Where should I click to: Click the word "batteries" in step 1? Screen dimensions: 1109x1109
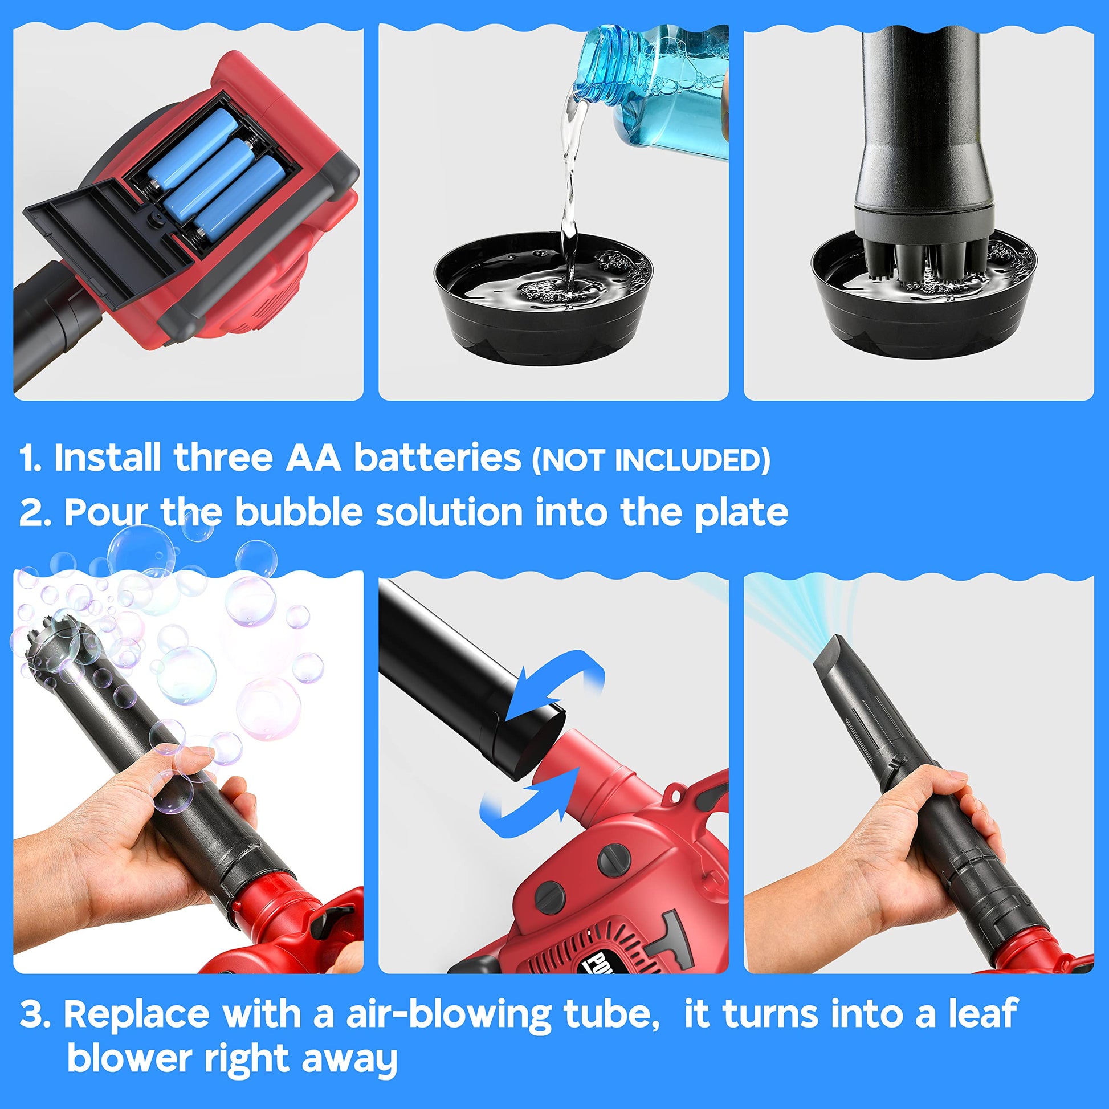[x=437, y=458]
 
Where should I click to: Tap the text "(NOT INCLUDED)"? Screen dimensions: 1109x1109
[x=651, y=460]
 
